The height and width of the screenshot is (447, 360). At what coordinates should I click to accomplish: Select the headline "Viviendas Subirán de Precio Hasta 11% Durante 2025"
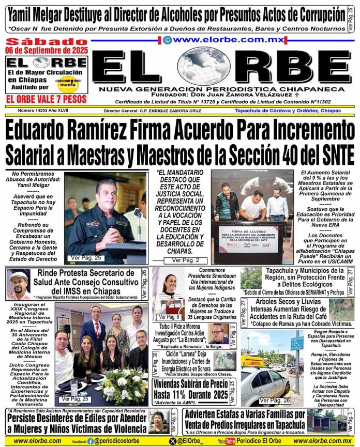[x=190, y=389]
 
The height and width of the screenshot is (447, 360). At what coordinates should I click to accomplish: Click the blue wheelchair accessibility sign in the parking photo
[x=297, y=343]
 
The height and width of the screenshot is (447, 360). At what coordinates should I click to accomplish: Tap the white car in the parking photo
[x=264, y=381]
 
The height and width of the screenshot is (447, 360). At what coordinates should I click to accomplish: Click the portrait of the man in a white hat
[x=18, y=284]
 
